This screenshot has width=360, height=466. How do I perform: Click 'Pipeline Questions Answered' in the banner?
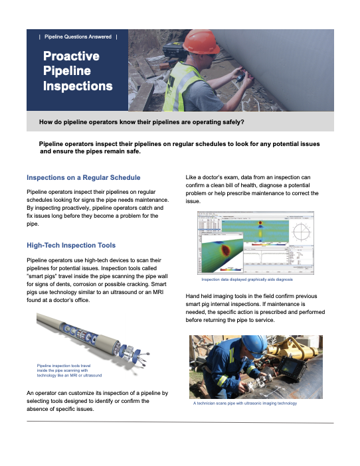tap(78, 37)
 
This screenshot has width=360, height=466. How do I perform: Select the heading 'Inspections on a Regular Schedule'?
tap(83, 178)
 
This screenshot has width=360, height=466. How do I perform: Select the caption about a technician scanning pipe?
tap(244, 404)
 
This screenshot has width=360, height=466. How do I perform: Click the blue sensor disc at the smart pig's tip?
tap(141, 360)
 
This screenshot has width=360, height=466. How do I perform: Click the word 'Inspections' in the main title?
tap(78, 86)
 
